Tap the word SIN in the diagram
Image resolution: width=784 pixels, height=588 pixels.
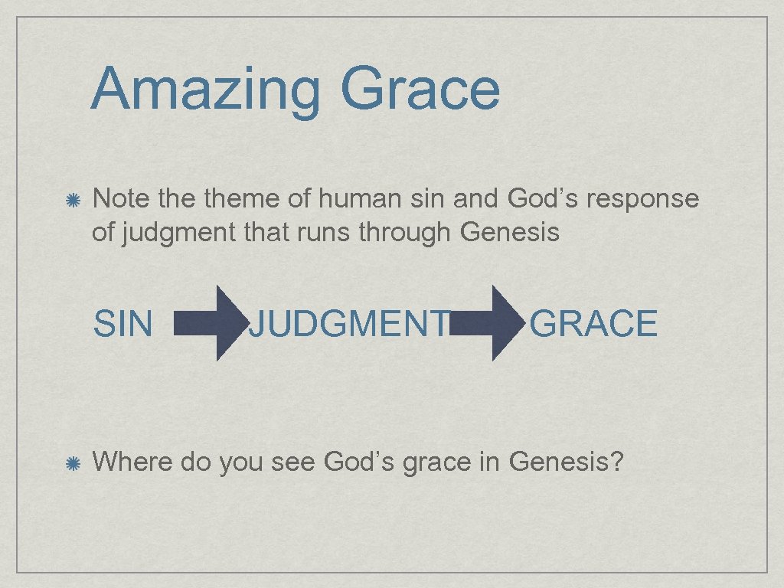point(122,323)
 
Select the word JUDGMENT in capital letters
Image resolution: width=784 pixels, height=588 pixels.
point(349,323)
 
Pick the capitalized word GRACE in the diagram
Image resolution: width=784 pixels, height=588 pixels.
point(593,323)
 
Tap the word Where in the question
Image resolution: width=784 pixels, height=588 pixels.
point(132,462)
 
